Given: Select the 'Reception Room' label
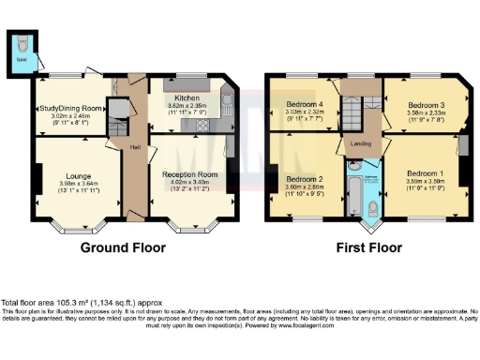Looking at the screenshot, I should pyautogui.click(x=190, y=174).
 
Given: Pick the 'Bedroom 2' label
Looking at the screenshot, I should pyautogui.click(x=305, y=178).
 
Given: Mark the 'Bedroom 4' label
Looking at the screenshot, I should pyautogui.click(x=305, y=104).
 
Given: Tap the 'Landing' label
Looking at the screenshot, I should pyautogui.click(x=357, y=143).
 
